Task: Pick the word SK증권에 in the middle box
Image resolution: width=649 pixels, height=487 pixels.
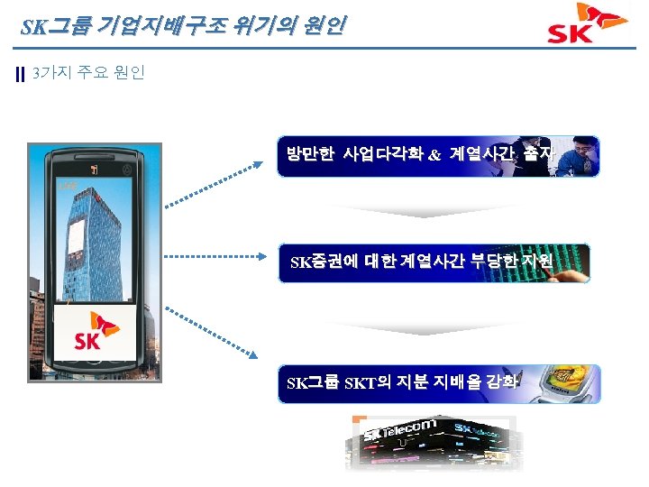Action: tap(321, 262)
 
